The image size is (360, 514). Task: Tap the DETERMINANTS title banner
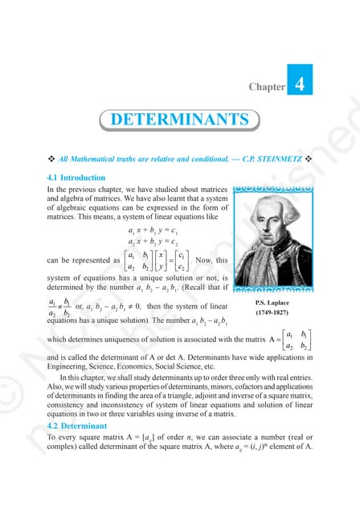179,120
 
